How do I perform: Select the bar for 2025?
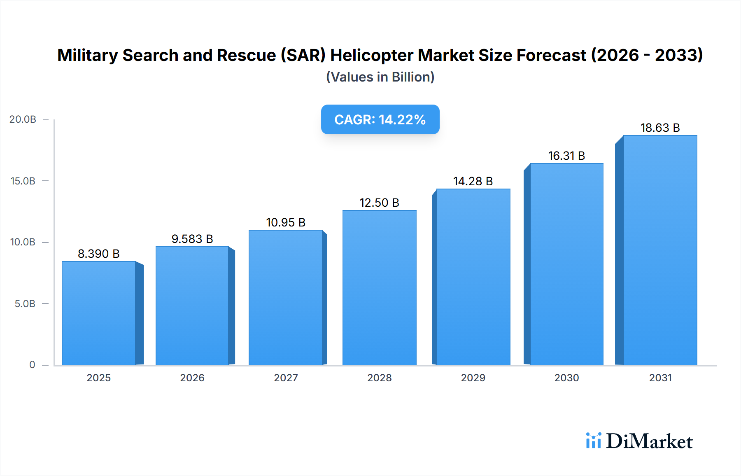click(99, 313)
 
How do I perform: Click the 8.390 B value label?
click(99, 254)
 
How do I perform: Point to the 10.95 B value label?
click(286, 222)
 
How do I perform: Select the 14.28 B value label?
click(473, 181)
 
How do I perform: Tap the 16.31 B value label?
click(566, 156)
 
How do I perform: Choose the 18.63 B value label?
click(660, 128)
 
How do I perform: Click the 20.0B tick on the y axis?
click(23, 119)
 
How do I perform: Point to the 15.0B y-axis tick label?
click(23, 181)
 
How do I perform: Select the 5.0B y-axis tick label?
click(25, 304)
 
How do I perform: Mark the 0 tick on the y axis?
click(32, 365)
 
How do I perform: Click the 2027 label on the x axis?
click(286, 378)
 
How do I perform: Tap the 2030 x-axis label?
click(566, 378)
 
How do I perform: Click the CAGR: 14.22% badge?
click(380, 119)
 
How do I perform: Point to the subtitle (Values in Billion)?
click(380, 77)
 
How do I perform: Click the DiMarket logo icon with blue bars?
click(593, 441)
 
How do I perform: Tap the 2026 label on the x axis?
click(192, 378)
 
